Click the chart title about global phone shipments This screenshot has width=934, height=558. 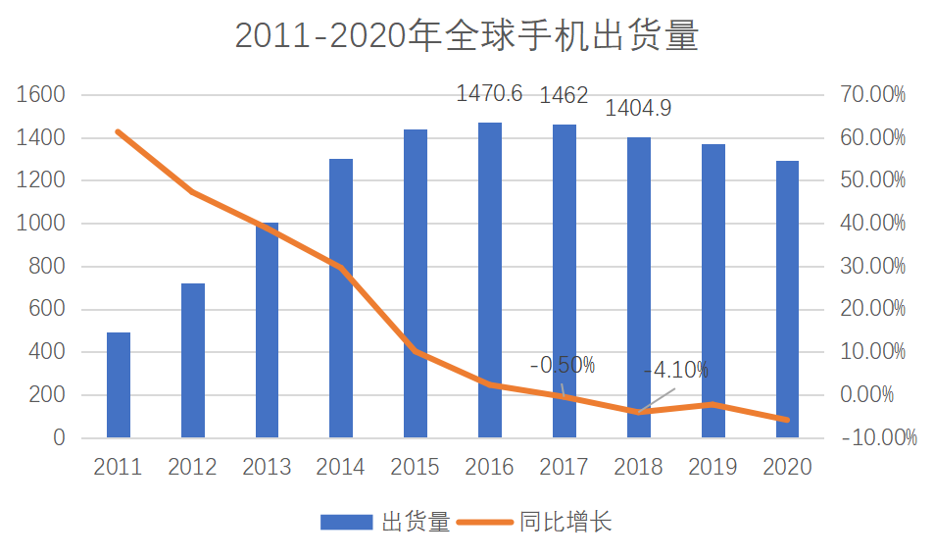coord(467,35)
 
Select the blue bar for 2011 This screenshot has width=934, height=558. coord(118,385)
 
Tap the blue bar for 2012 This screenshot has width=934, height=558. coord(192,361)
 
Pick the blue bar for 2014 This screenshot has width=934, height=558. coord(341,298)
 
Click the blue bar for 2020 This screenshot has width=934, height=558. coord(787,299)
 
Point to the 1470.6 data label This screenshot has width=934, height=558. coord(489,93)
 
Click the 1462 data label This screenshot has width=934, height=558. coord(564,95)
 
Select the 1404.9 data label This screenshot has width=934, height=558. coord(638,108)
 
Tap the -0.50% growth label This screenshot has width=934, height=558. coord(563,365)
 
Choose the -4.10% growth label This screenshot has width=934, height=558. coord(676,371)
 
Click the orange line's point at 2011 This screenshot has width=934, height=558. coord(118,131)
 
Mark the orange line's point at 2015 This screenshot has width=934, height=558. coord(416,352)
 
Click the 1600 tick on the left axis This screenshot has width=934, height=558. coord(40,94)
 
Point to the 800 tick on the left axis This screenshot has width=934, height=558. coord(46,266)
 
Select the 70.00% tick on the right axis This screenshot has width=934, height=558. coord(872,94)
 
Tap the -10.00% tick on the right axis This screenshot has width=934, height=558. coord(878,437)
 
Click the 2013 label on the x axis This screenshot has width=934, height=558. coord(267,467)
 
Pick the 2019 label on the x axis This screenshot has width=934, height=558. coord(713,467)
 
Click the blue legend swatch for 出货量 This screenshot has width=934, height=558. coord(347,523)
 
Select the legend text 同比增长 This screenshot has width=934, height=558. coord(565,522)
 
